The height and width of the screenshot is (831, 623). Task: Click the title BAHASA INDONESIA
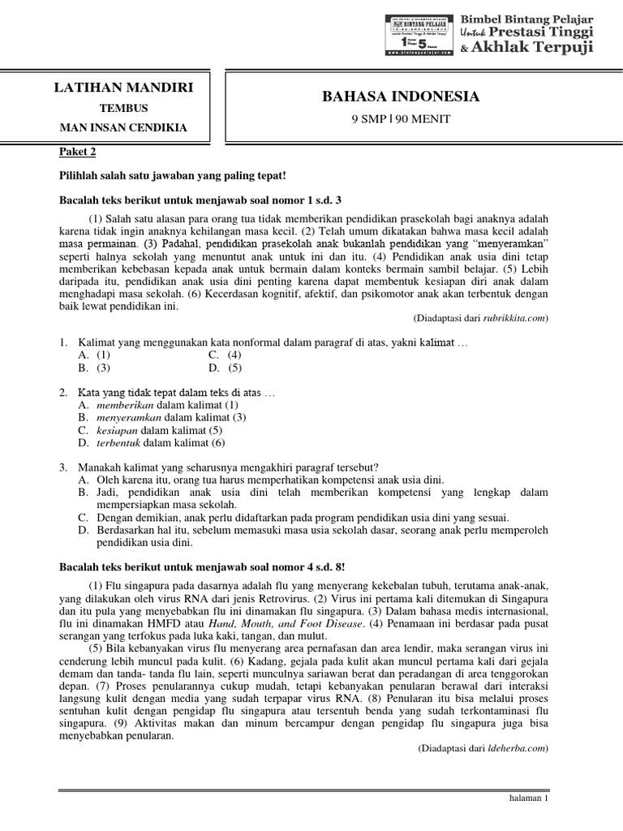coord(402,97)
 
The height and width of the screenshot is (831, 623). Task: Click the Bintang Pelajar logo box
coord(419,35)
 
